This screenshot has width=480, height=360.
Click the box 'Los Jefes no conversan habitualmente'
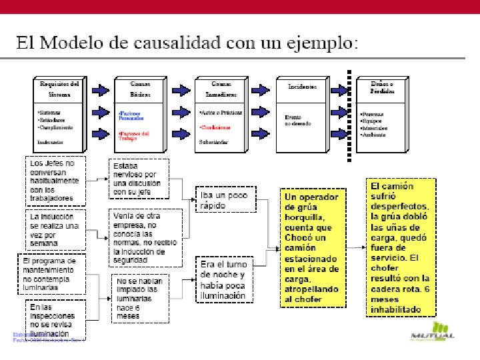[55, 180]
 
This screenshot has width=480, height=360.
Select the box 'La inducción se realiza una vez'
[55, 230]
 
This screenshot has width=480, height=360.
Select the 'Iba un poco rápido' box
[224, 201]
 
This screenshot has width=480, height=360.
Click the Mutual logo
[433, 331]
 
